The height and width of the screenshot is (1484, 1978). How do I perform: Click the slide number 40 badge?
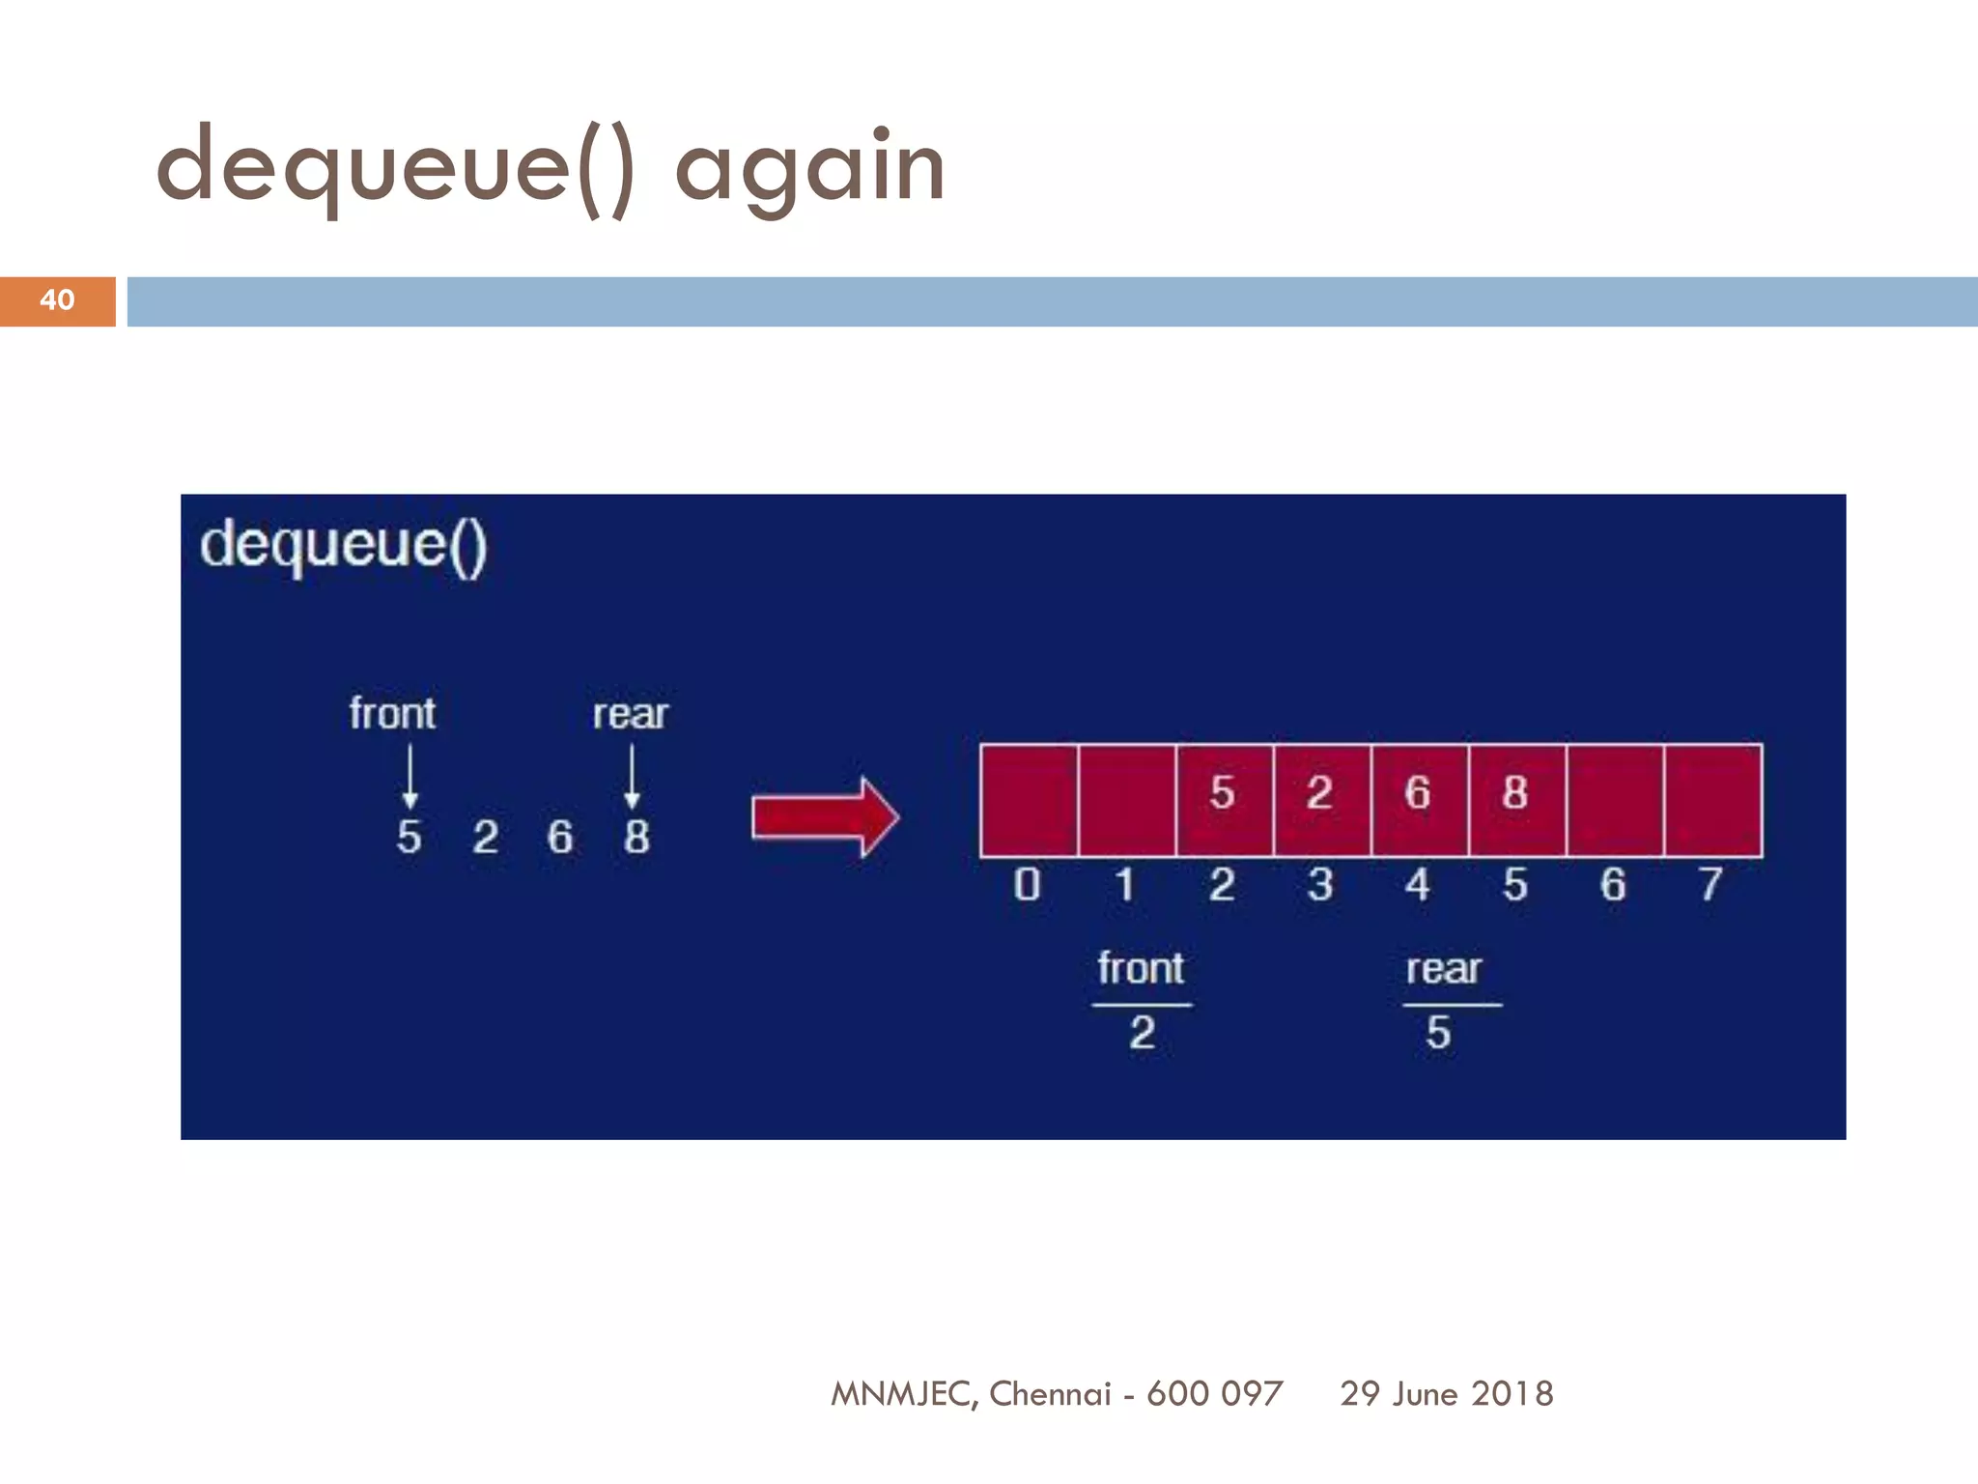pyautogui.click(x=57, y=300)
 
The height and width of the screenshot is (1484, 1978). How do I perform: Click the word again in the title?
pyautogui.click(x=809, y=170)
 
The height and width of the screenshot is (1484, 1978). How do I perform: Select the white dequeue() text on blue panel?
pyautogui.click(x=343, y=546)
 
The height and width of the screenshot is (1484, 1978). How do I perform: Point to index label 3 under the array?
pyautogui.click(x=1320, y=884)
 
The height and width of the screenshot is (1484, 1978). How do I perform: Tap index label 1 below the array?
pyautogui.click(x=1125, y=884)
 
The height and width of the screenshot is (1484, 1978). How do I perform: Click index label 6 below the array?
pyautogui.click(x=1613, y=884)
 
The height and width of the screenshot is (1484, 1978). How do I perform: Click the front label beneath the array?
pyautogui.click(x=1140, y=968)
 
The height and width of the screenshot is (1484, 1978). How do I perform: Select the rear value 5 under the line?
pyautogui.click(x=1438, y=1033)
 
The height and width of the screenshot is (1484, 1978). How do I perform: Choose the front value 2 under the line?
pyautogui.click(x=1143, y=1033)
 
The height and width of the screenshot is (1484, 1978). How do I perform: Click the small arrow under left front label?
pyautogui.click(x=410, y=777)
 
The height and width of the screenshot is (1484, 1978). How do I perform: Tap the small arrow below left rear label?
pyautogui.click(x=632, y=777)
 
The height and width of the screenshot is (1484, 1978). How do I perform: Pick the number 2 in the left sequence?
pyautogui.click(x=485, y=837)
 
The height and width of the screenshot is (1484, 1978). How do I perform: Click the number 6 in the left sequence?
pyautogui.click(x=560, y=837)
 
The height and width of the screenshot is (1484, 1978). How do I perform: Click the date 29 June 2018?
pyautogui.click(x=1446, y=1393)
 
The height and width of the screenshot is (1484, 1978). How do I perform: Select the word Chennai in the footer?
pyautogui.click(x=1050, y=1393)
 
